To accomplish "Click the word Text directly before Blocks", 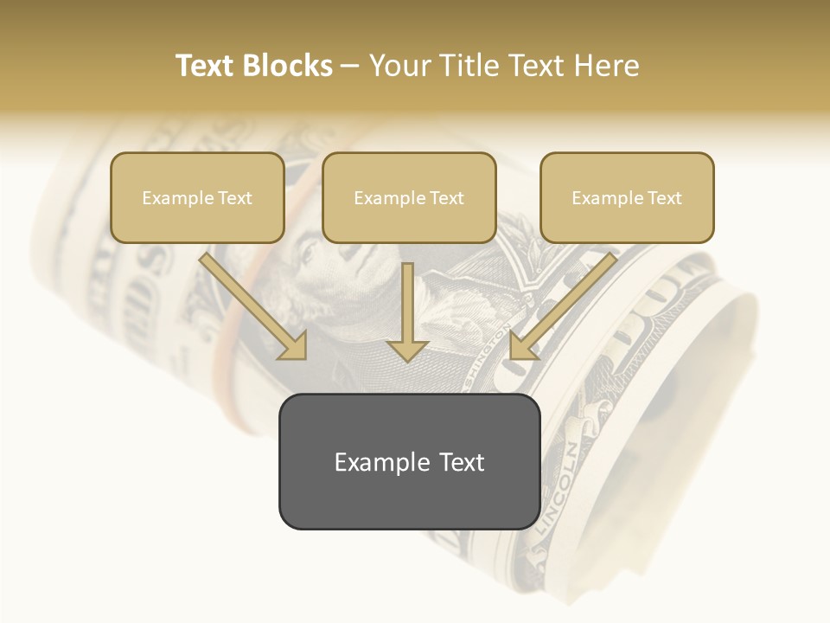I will [207, 66].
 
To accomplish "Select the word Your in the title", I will [399, 66].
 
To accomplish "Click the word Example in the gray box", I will [370, 462].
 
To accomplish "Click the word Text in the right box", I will [664, 198].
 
